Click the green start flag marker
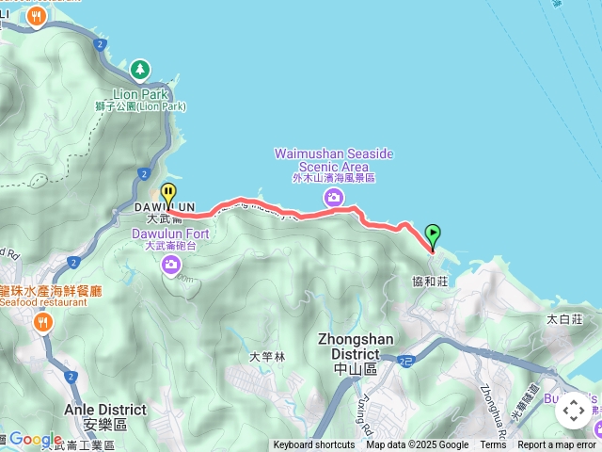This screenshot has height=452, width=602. (x=433, y=234)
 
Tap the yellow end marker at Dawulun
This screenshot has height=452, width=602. (x=168, y=194)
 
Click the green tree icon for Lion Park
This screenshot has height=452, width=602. (x=140, y=69)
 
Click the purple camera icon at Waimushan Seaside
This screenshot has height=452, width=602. (x=333, y=197)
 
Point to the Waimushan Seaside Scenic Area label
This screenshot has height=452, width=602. (x=333, y=159)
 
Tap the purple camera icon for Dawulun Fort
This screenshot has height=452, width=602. (x=170, y=264)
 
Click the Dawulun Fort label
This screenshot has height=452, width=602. (x=170, y=234)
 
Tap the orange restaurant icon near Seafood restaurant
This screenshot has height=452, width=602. (x=42, y=323)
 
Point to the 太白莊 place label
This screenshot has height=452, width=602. (x=566, y=318)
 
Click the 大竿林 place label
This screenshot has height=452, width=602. (x=266, y=356)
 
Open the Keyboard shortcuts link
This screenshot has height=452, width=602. (x=314, y=445)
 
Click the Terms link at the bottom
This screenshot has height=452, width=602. (x=493, y=445)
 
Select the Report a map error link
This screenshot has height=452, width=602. (x=557, y=445)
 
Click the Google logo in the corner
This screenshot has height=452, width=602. (x=35, y=439)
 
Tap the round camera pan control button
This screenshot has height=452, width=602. (x=573, y=411)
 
